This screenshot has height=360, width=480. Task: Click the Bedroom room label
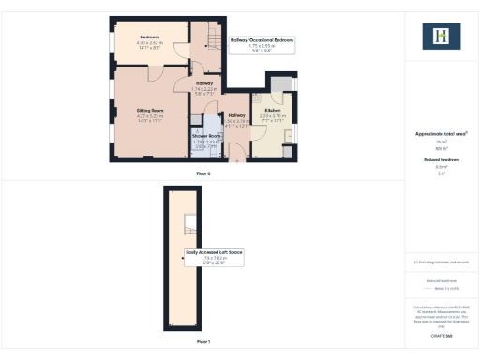tap(149, 37)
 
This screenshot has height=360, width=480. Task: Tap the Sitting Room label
tap(151, 109)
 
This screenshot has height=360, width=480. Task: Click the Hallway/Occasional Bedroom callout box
tap(262, 43)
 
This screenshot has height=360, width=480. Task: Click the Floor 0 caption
tap(203, 174)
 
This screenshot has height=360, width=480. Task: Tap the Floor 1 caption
tap(203, 342)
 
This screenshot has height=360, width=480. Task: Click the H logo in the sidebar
tap(441, 37)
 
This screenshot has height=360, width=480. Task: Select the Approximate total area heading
tap(441, 134)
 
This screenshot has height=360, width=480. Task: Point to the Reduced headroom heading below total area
tap(441, 160)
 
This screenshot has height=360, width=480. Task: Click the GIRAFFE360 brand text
tap(441, 335)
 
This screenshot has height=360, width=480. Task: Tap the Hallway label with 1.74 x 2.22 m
tap(204, 83)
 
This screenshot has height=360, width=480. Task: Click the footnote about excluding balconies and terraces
tap(441, 262)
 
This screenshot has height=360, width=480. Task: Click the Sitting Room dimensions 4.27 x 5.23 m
tap(151, 116)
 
